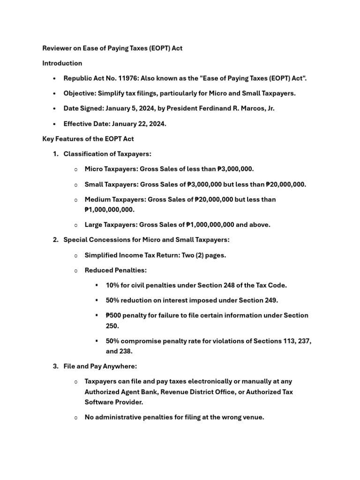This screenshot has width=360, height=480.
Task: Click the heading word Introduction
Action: (x=62, y=63)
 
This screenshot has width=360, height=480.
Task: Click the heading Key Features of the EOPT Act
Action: (x=88, y=139)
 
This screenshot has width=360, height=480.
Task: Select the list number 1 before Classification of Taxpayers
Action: (x=55, y=154)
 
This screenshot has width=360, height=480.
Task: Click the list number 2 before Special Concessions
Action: (x=55, y=240)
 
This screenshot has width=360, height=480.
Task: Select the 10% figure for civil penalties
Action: (x=112, y=285)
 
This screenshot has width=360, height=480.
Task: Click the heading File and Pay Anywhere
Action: (x=100, y=366)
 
